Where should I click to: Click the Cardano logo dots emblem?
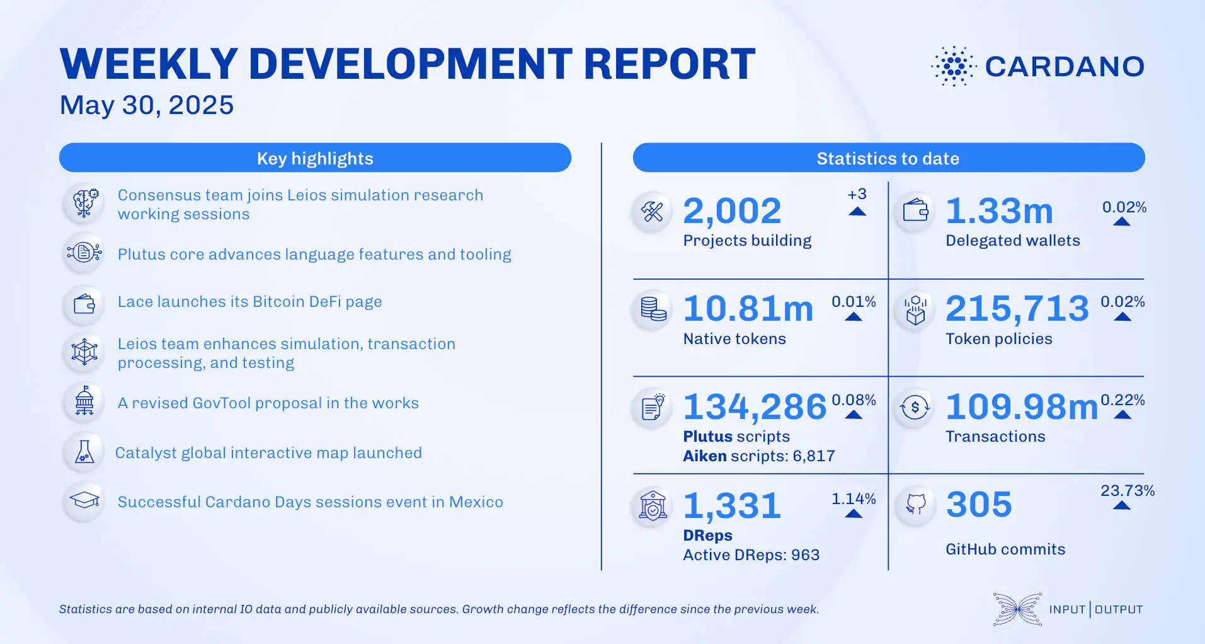[954, 66]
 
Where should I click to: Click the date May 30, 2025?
[146, 105]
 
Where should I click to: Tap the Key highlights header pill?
[315, 158]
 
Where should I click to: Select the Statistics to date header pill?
[888, 158]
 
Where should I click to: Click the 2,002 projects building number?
[732, 211]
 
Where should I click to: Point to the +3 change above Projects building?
[857, 194]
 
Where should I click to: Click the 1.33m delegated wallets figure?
[999, 211]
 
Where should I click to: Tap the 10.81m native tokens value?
[748, 309]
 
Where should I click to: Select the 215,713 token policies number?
[1017, 309]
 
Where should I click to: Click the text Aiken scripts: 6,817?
[758, 456]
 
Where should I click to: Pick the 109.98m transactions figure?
[1021, 407]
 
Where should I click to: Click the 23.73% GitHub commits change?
[1127, 491]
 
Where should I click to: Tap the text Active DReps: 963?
[751, 555]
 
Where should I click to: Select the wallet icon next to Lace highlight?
[84, 304]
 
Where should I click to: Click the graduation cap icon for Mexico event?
[84, 501]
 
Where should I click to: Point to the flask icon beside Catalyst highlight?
[84, 452]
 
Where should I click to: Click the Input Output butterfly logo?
[1017, 609]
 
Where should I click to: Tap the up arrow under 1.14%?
[854, 514]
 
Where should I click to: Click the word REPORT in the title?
[669, 64]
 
